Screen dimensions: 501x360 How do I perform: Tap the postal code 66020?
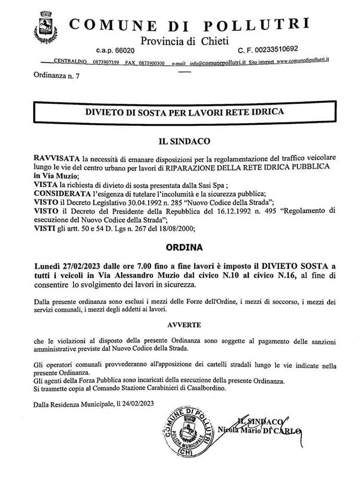123,51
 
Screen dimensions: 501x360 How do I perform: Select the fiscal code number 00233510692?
273,50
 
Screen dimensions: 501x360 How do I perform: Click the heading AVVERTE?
184,324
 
